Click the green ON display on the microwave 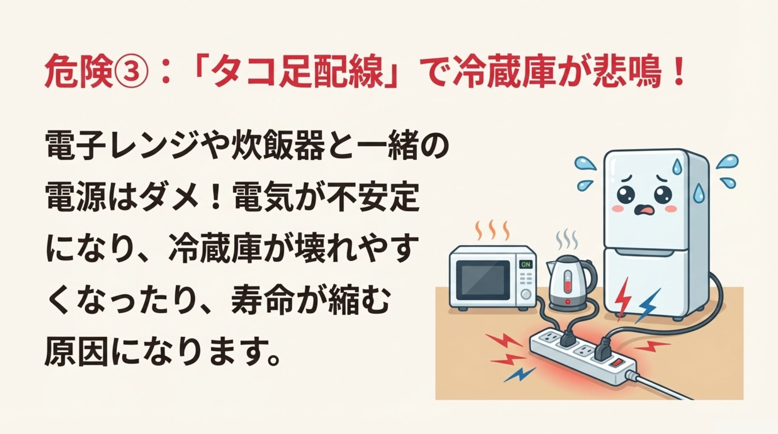click(x=526, y=264)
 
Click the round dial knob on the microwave click(x=526, y=294)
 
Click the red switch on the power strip click(x=618, y=363)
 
